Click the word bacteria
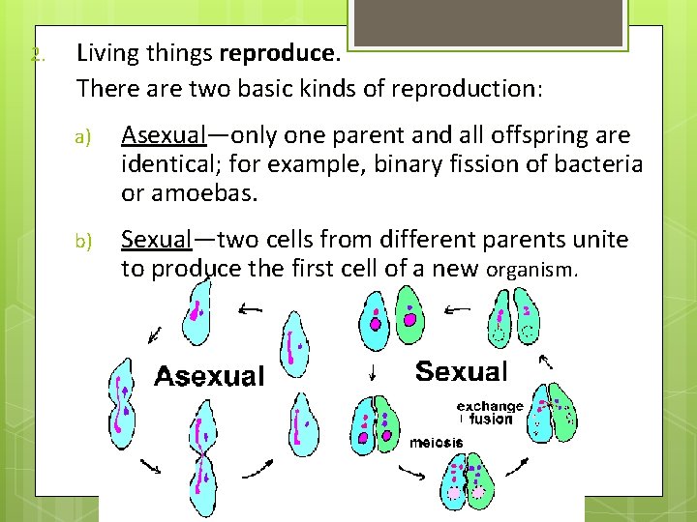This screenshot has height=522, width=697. click(597, 163)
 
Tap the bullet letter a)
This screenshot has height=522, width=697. click(83, 137)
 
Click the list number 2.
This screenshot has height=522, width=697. click(37, 54)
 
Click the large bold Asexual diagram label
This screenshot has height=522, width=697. click(209, 375)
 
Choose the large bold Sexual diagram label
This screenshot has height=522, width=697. click(461, 371)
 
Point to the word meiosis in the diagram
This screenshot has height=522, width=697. click(436, 443)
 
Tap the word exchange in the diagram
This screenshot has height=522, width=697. click(490, 406)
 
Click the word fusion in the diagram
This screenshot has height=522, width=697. click(491, 419)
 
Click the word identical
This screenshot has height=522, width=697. click(163, 163)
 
